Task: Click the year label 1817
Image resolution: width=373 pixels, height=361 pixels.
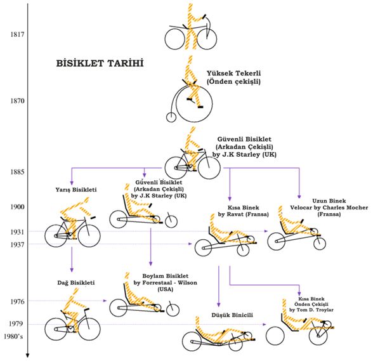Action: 17,34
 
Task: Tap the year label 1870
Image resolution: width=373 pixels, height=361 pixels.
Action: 17,101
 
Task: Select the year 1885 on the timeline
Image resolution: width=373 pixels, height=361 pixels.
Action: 17,172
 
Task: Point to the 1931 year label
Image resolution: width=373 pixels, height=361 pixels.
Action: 17,232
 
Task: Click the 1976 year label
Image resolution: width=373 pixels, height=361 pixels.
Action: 17,301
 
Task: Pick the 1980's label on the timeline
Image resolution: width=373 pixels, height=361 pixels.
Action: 13,336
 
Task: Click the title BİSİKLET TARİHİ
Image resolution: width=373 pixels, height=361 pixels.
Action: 100,63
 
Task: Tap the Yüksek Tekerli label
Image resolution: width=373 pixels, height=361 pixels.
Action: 233,73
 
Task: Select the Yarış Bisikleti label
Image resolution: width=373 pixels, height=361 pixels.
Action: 76,190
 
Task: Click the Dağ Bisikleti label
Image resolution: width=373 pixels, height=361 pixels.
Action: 76,283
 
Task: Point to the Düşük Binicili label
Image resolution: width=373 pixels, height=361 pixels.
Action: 232,315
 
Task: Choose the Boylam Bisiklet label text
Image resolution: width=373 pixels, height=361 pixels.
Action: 166,276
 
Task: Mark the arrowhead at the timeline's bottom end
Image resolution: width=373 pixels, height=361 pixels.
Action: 27,355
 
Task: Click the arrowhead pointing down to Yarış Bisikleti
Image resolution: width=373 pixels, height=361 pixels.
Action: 71,183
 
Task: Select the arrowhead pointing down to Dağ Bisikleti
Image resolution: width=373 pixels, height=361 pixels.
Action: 72,270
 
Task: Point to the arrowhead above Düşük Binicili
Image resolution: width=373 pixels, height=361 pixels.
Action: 219,305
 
